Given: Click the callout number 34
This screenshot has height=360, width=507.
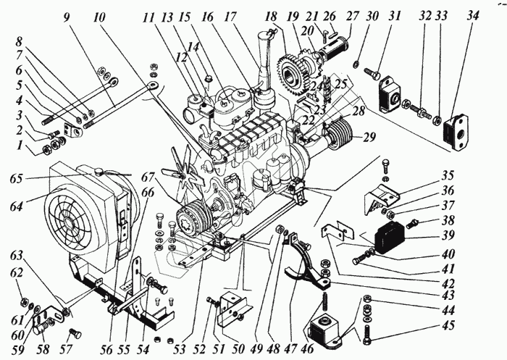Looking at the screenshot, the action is (472, 16).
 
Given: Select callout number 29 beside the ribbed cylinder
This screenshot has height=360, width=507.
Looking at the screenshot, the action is (369, 137).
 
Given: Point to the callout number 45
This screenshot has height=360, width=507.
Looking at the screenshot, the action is (448, 325).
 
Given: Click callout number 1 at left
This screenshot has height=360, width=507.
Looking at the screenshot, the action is (20, 145).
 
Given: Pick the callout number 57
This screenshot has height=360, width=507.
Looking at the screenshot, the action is (66, 349).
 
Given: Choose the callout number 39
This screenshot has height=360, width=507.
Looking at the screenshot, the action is (448, 235).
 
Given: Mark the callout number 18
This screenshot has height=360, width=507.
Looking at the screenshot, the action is (272, 17).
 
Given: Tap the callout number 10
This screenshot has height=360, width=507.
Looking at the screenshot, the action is (99, 17).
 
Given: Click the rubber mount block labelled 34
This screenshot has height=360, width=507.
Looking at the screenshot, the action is (456, 133).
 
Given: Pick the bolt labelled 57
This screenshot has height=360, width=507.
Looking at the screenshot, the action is (75, 332).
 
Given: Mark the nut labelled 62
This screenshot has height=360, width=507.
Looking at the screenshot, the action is (24, 302).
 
